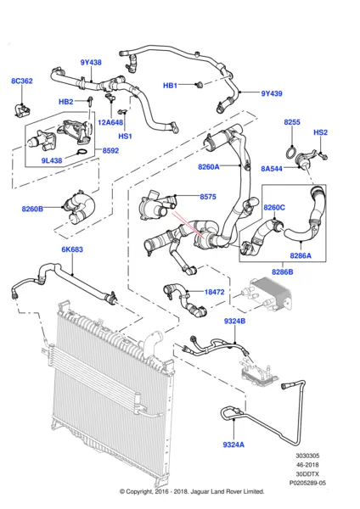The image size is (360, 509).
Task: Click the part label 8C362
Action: pyautogui.click(x=22, y=81)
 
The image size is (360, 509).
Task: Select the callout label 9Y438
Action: pyautogui.click(x=92, y=62)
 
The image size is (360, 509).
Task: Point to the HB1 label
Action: pyautogui.click(x=170, y=86)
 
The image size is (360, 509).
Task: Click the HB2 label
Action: pyautogui.click(x=65, y=102)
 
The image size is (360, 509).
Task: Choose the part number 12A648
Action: pyautogui.click(x=110, y=121)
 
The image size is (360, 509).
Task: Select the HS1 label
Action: pyautogui.click(x=125, y=135)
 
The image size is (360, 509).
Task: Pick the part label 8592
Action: pyautogui.click(x=111, y=152)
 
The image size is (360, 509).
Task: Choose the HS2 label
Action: pyautogui.click(x=320, y=133)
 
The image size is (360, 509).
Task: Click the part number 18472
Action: pyautogui.click(x=215, y=292)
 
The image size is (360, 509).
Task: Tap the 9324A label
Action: pyautogui.click(x=232, y=444)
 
